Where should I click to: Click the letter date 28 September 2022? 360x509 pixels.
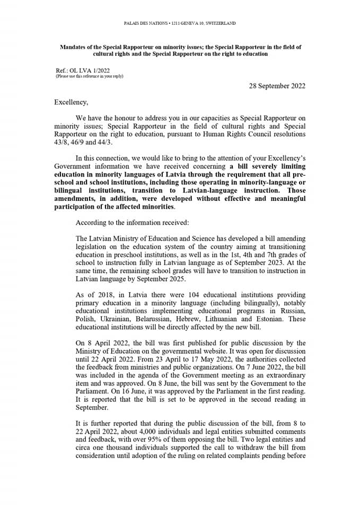(277, 86)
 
